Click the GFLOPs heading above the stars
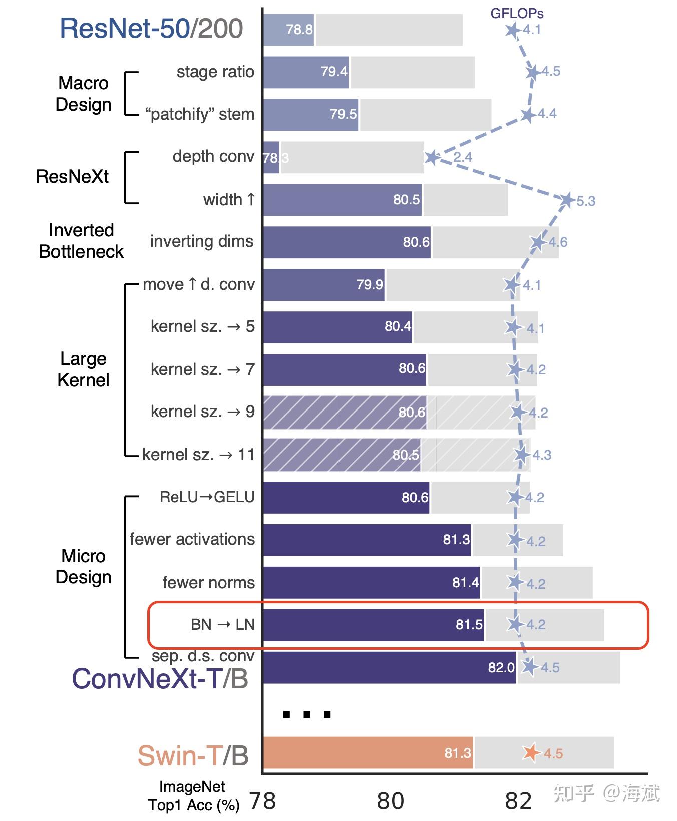(517, 13)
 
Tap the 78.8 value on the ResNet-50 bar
(299, 30)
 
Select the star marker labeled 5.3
(567, 200)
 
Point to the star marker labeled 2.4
(432, 158)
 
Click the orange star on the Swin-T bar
(531, 752)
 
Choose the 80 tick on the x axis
(390, 801)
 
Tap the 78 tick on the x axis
(262, 801)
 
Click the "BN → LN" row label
(222, 625)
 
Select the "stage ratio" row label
(215, 72)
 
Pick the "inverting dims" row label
(202, 241)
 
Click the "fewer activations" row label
(192, 539)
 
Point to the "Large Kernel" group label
(83, 369)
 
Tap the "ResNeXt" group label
(72, 177)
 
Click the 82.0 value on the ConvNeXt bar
(501, 667)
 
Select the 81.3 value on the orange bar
(458, 753)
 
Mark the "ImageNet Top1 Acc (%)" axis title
(193, 796)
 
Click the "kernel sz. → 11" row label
(198, 455)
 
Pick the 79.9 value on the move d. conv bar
(369, 285)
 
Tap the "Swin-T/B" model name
(193, 755)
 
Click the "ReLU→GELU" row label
(207, 497)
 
